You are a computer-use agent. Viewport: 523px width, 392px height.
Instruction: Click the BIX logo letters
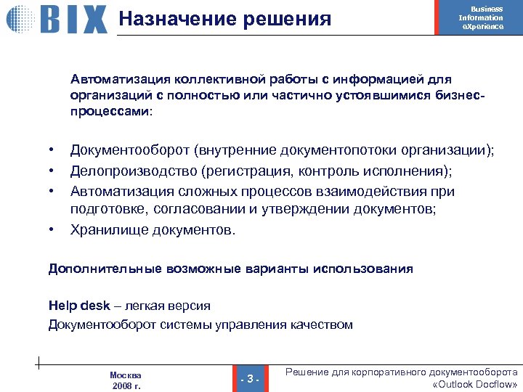pyautogui.click(x=73, y=20)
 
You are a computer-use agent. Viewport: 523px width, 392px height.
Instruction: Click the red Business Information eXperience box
pyautogui.click(x=481, y=17)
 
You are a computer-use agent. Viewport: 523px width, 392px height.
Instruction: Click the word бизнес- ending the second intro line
pyautogui.click(x=459, y=95)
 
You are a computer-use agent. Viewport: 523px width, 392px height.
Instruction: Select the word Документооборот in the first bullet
pyautogui.click(x=129, y=150)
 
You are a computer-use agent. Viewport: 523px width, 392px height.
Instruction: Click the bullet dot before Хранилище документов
pyautogui.click(x=52, y=230)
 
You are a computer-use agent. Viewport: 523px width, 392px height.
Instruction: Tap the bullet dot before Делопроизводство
pyautogui.click(x=52, y=171)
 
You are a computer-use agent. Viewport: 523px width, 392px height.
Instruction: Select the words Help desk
pyautogui.click(x=74, y=306)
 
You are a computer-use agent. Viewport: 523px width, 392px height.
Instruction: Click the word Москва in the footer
pyautogui.click(x=126, y=375)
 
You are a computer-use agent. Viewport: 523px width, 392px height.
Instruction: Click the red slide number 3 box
pyautogui.click(x=249, y=378)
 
